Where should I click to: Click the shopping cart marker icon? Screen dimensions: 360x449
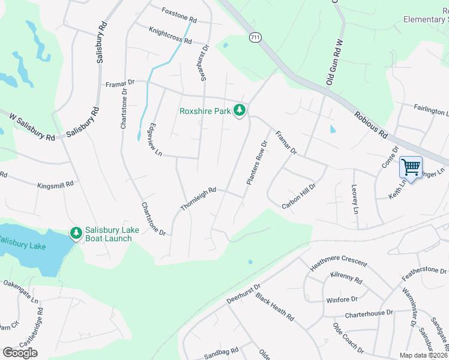tap(411, 167)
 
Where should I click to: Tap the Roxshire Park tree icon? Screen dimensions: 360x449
tap(240, 110)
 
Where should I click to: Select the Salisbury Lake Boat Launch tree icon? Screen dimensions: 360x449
tap(76, 233)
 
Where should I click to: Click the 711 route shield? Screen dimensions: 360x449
tap(256, 38)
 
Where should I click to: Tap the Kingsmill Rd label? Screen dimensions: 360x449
tap(55, 185)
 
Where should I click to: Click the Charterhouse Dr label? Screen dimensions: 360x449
tap(369, 313)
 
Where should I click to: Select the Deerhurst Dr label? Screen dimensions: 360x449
tap(243, 294)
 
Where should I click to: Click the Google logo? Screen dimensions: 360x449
tap(20, 352)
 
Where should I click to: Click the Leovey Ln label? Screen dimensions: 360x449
tap(354, 200)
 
